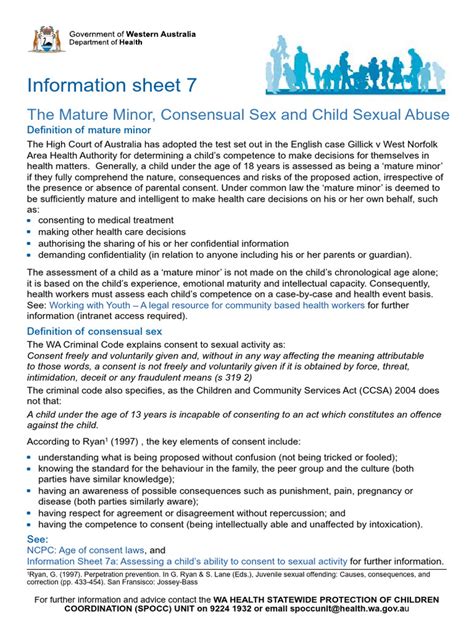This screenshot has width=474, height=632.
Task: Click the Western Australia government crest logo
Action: (x=44, y=29)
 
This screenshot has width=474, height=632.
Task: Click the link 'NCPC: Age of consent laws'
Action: (x=85, y=550)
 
